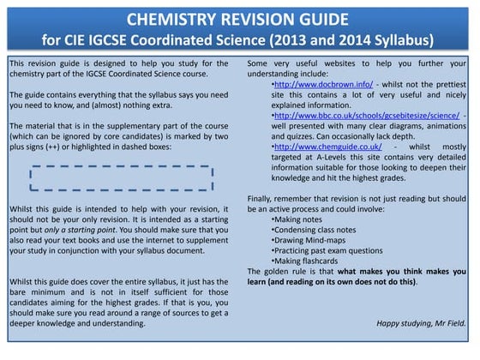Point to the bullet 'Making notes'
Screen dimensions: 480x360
click(297, 219)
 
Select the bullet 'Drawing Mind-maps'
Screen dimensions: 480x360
click(308, 240)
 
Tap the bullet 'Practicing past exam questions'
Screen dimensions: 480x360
click(326, 250)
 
